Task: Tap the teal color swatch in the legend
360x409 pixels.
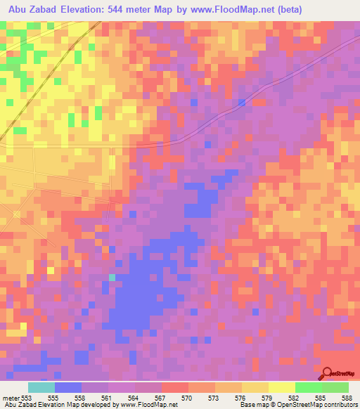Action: pyautogui.click(x=41, y=387)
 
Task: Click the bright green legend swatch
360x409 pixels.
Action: pyautogui.click(x=308, y=387)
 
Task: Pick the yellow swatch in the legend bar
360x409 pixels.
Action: pyautogui.click(x=281, y=387)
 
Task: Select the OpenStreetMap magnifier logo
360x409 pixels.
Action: pyautogui.click(x=328, y=375)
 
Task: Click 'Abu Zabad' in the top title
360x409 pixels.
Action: pyautogui.click(x=32, y=10)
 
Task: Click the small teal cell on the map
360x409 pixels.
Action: pyautogui.click(x=112, y=277)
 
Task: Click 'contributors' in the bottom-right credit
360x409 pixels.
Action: pyautogui.click(x=338, y=405)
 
